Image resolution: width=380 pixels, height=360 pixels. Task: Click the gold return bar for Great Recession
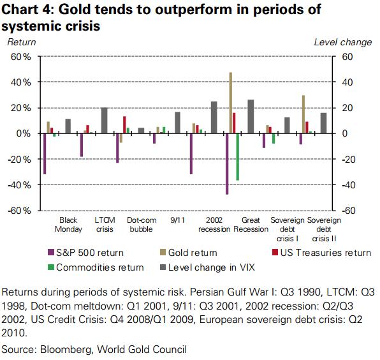tap(230, 103)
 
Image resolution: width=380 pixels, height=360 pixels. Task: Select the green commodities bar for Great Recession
tap(237, 157)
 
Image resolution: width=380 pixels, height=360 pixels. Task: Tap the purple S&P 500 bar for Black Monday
tap(45, 154)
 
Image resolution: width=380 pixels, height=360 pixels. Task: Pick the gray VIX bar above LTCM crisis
tap(105, 121)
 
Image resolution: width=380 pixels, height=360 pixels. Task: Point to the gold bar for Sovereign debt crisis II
tap(303, 114)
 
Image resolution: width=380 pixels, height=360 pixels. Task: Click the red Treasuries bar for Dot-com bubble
tap(124, 125)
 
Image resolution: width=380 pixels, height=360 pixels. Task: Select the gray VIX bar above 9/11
tap(177, 123)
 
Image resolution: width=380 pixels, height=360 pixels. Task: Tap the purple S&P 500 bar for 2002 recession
tap(191, 154)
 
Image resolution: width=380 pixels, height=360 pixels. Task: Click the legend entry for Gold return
tap(189, 253)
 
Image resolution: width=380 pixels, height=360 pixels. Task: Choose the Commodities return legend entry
tap(96, 267)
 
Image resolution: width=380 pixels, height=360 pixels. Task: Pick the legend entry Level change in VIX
tap(207, 267)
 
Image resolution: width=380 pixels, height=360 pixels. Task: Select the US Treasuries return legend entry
tap(321, 253)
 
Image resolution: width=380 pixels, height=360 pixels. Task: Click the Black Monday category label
tap(68, 225)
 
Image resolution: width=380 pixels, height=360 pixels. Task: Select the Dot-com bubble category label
tap(142, 225)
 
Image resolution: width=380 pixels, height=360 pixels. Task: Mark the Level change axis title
tap(343, 42)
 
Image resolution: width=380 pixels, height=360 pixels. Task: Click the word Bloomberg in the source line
tap(66, 350)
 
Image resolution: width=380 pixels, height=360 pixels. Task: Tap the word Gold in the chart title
tap(75, 10)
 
